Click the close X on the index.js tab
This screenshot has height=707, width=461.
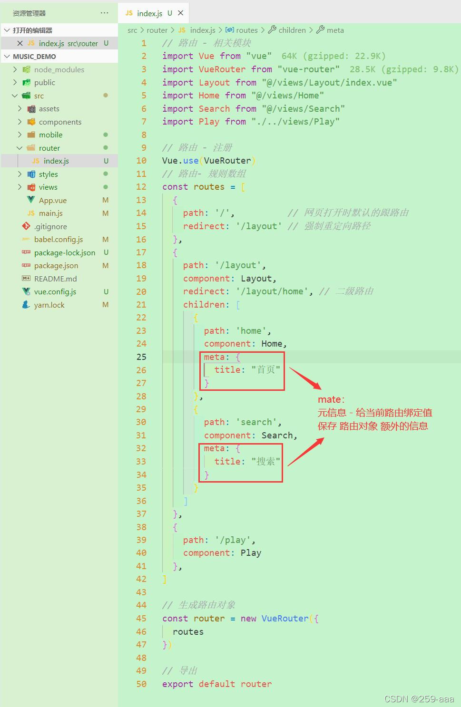point(181,13)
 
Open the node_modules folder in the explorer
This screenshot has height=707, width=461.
point(59,69)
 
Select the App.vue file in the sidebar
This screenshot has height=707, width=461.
point(52,200)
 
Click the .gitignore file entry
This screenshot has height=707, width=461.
point(50,226)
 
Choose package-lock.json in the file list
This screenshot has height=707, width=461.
point(64,252)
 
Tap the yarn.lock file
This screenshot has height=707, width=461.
point(49,305)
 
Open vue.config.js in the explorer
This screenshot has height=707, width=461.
point(55,291)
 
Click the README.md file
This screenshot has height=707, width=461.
point(55,279)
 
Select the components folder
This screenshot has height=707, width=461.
point(60,122)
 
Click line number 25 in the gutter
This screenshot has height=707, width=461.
point(141,357)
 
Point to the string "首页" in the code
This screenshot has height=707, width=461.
point(266,369)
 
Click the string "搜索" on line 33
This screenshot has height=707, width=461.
point(266,461)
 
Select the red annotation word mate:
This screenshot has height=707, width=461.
point(331,399)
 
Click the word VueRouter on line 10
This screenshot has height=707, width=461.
point(227,160)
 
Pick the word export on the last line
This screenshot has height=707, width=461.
point(177,684)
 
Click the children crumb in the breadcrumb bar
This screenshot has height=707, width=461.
point(292,30)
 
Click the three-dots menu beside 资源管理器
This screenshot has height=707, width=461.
point(105,13)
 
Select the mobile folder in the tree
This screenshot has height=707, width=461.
point(50,135)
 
